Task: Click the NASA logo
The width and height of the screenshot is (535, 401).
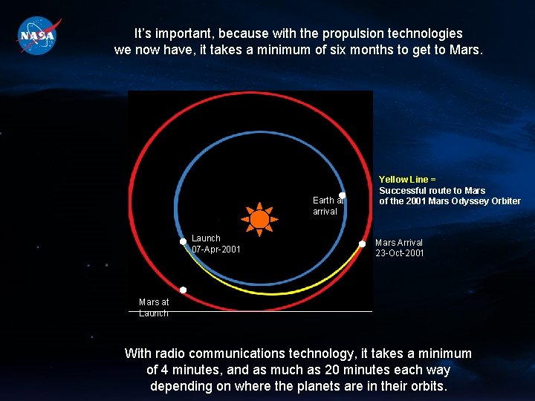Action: (36, 35)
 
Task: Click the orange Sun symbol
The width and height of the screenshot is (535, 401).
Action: (259, 218)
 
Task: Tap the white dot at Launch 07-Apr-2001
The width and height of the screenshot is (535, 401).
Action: (183, 241)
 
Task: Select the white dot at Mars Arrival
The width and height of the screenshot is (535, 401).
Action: (363, 244)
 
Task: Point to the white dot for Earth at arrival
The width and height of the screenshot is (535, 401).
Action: (343, 195)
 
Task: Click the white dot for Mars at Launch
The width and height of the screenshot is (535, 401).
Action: (183, 290)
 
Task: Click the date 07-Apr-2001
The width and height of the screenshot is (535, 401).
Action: (216, 250)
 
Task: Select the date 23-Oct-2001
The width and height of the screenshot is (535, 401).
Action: (400, 253)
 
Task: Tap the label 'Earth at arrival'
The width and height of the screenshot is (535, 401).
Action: (327, 206)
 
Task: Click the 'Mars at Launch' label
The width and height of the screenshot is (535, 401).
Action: (154, 307)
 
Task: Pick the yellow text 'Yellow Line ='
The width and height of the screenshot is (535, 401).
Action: (406, 180)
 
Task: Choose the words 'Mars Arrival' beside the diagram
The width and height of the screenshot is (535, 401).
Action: (399, 243)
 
